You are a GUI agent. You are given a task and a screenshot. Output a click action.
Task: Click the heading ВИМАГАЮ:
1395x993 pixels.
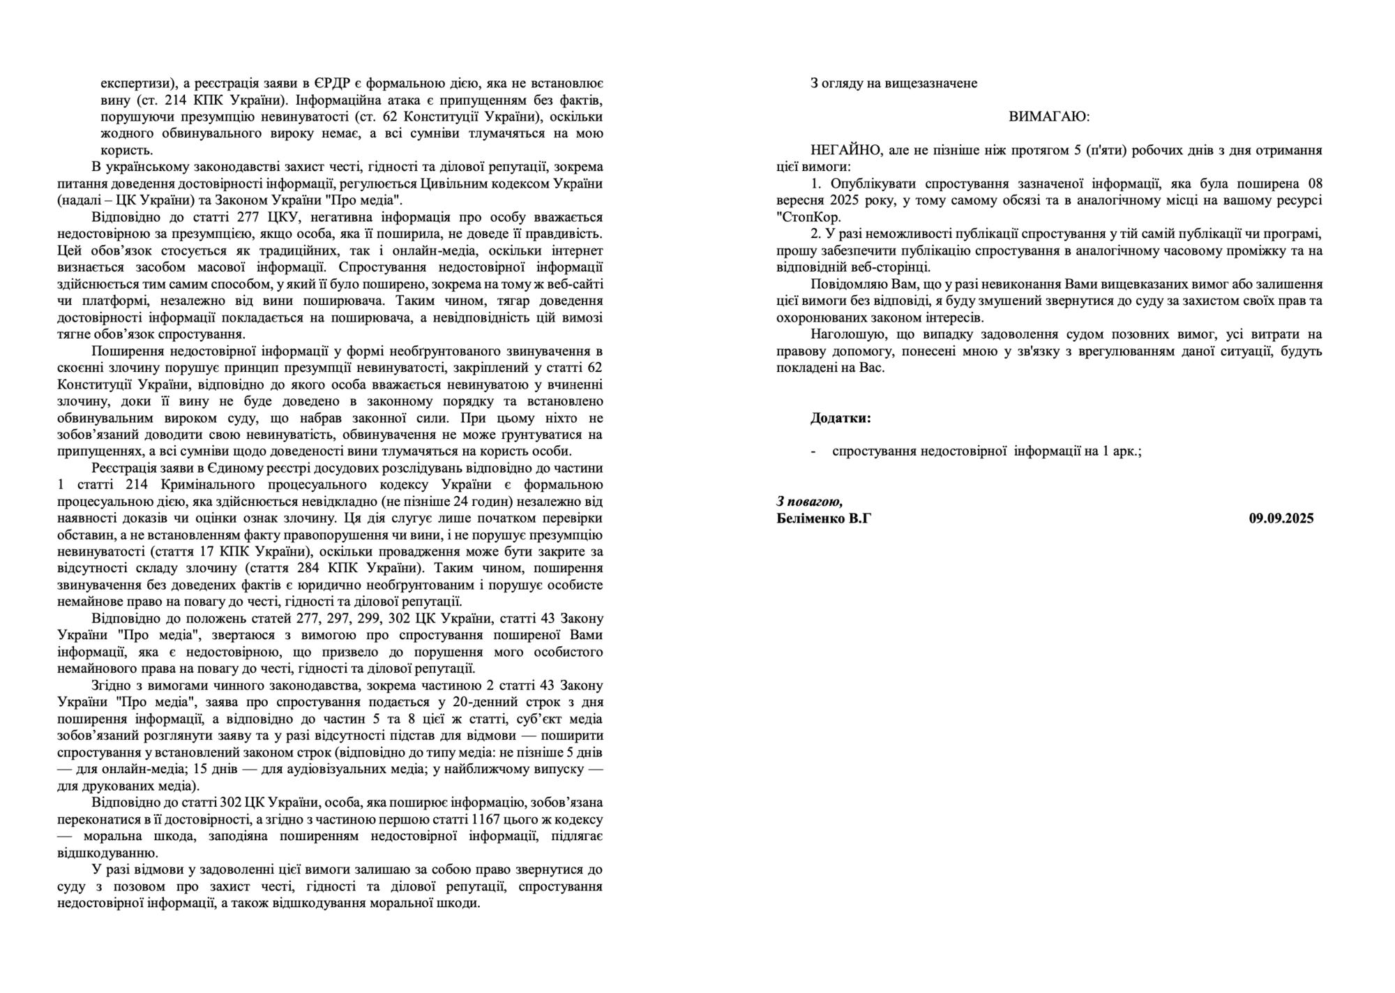(x=1049, y=117)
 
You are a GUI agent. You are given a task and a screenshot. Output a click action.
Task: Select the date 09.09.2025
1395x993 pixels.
(x=1281, y=518)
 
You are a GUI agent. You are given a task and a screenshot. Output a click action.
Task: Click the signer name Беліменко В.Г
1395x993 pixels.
(x=824, y=518)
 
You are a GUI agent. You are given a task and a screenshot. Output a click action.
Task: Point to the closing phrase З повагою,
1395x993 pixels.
(x=809, y=501)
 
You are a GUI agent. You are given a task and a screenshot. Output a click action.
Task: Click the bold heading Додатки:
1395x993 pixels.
(x=840, y=418)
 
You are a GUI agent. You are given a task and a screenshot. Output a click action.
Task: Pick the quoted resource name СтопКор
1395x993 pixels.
(x=810, y=217)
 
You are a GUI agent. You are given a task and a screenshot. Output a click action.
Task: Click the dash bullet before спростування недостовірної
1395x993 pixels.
(x=814, y=451)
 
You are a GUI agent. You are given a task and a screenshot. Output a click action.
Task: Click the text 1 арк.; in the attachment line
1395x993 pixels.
(x=1122, y=451)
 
